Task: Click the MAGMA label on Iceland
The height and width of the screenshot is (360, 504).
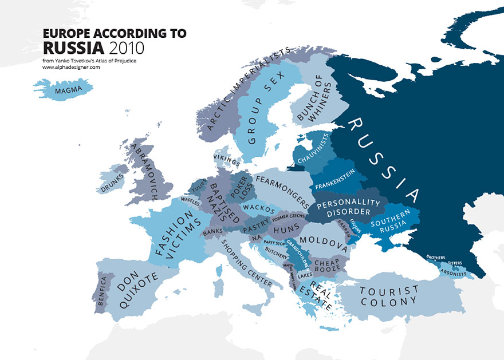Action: (66, 90)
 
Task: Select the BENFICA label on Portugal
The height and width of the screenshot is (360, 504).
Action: (101, 291)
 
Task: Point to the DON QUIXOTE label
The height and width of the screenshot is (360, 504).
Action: (132, 288)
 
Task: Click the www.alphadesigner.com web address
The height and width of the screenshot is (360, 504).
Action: (71, 67)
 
